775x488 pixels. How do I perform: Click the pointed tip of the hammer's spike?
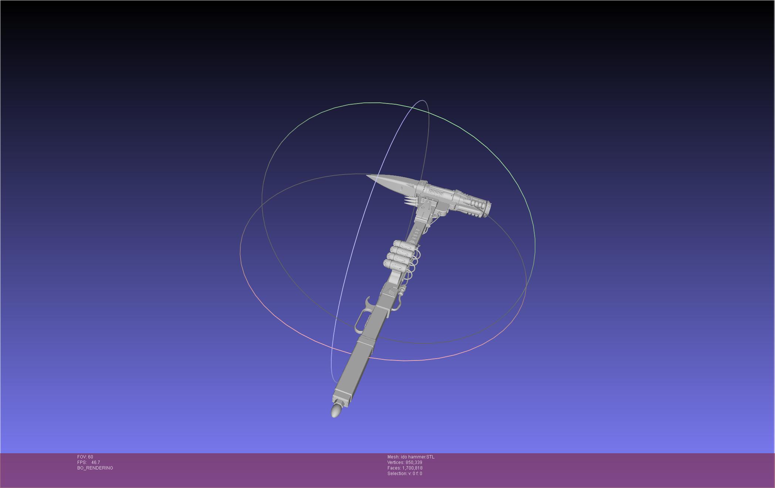coord(367,176)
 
